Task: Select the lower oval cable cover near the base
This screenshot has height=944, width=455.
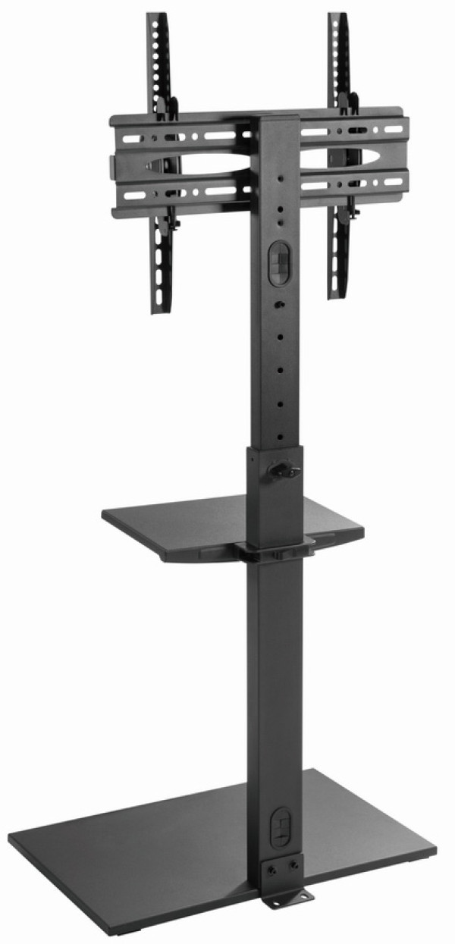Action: click(280, 824)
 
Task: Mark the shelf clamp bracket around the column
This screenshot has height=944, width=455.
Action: click(277, 550)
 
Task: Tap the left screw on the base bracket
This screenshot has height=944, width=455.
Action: click(273, 865)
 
